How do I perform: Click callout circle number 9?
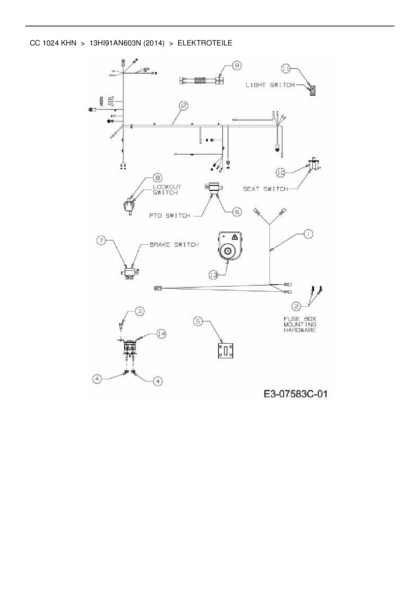pyautogui.click(x=236, y=65)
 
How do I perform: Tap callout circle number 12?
pyautogui.click(x=183, y=106)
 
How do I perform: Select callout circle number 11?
pyautogui.click(x=286, y=69)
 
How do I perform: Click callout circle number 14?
pyautogui.click(x=162, y=334)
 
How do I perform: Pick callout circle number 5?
pyautogui.click(x=198, y=321)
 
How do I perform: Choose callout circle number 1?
pyautogui.click(x=308, y=234)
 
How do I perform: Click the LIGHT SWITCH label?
pyautogui.click(x=270, y=85)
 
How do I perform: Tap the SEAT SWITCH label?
pyautogui.click(x=265, y=189)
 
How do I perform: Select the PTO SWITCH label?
pyautogui.click(x=170, y=215)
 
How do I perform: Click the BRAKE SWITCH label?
pyautogui.click(x=174, y=245)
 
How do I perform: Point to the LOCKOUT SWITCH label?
pyautogui.click(x=167, y=190)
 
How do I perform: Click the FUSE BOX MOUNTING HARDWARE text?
pyautogui.click(x=300, y=324)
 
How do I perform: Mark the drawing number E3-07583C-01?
pyautogui.click(x=295, y=394)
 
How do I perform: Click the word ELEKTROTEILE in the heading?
pyautogui.click(x=205, y=43)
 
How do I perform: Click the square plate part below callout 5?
pyautogui.click(x=225, y=350)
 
